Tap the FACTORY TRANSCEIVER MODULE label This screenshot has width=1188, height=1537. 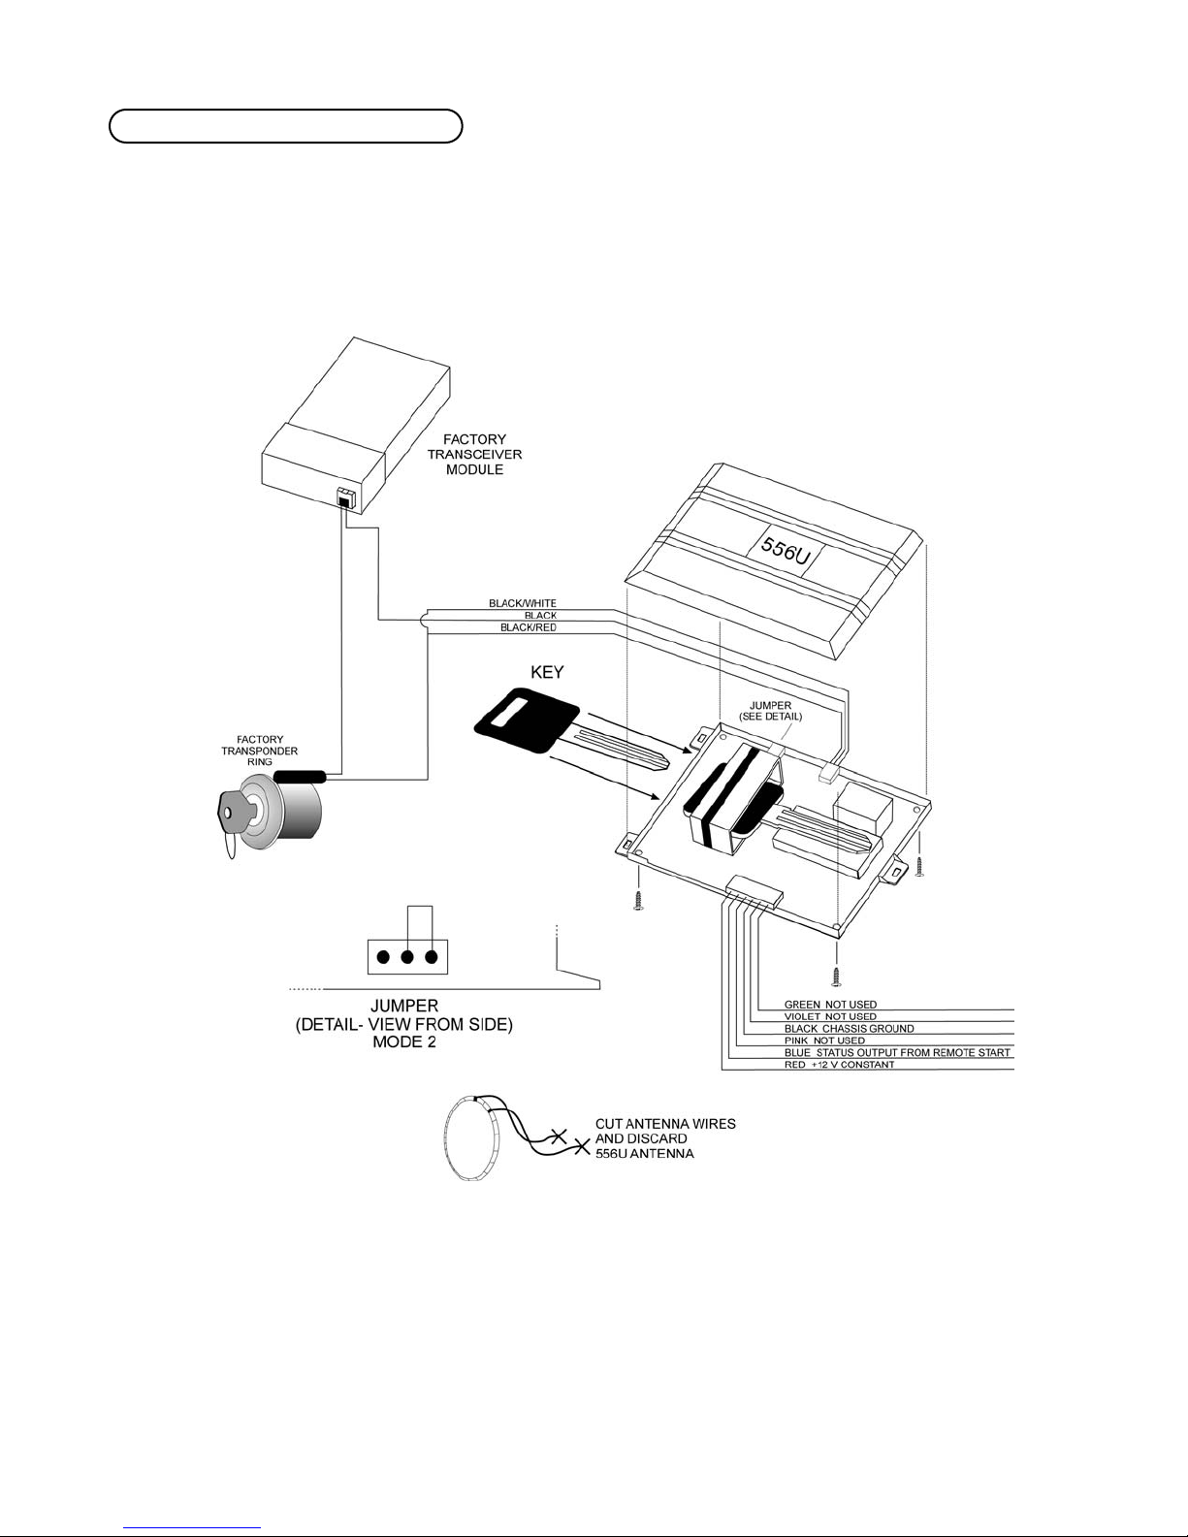coord(474,454)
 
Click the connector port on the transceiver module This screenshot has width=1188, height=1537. coord(344,498)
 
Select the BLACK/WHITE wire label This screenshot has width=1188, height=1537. coord(523,603)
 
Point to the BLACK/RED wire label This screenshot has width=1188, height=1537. coord(529,627)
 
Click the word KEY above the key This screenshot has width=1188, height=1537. coord(547,672)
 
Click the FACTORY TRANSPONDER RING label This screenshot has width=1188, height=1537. coord(260,751)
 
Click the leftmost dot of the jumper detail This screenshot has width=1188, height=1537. coord(383,958)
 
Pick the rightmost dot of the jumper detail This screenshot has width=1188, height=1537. coord(432,958)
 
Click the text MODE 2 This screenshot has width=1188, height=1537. coord(404,1041)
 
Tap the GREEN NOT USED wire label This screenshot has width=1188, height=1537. coord(830,1005)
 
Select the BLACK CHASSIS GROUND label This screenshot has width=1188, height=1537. coord(849,1029)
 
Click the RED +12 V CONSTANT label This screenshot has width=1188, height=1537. coord(840,1065)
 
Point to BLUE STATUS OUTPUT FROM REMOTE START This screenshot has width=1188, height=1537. coord(897,1052)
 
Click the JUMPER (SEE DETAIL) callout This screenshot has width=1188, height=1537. coord(771,711)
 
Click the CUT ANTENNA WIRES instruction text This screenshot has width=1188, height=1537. coord(665,1123)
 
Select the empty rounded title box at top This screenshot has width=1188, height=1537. coord(286,127)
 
